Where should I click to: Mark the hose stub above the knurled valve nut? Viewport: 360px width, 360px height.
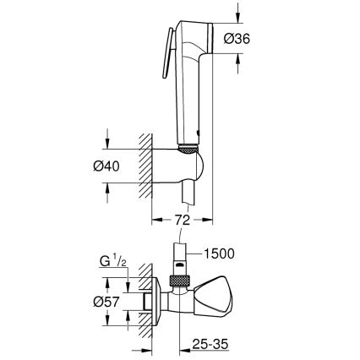coord(180,257)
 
